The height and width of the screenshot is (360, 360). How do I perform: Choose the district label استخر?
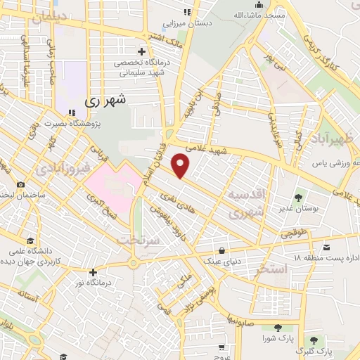click(273, 268)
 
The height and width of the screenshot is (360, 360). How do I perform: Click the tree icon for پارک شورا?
click(278, 328)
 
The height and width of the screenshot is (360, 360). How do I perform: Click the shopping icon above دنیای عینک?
click(222, 250)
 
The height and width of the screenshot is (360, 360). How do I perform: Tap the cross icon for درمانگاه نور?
click(93, 271)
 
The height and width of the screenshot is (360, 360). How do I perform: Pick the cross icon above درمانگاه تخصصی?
click(142, 51)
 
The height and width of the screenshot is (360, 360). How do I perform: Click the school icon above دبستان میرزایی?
click(186, 12)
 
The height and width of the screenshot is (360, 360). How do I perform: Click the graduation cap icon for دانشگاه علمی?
click(29, 239)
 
